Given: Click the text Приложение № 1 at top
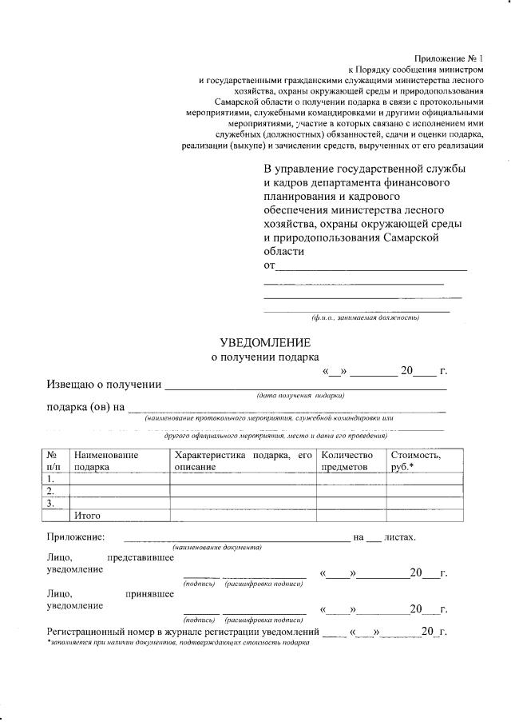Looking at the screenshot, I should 449,58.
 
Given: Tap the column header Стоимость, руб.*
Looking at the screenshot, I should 415,461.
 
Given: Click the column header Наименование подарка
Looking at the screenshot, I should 106,461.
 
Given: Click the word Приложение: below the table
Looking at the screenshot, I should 76,537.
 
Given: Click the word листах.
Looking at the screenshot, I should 400,537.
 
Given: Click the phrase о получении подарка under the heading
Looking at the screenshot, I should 264,357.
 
